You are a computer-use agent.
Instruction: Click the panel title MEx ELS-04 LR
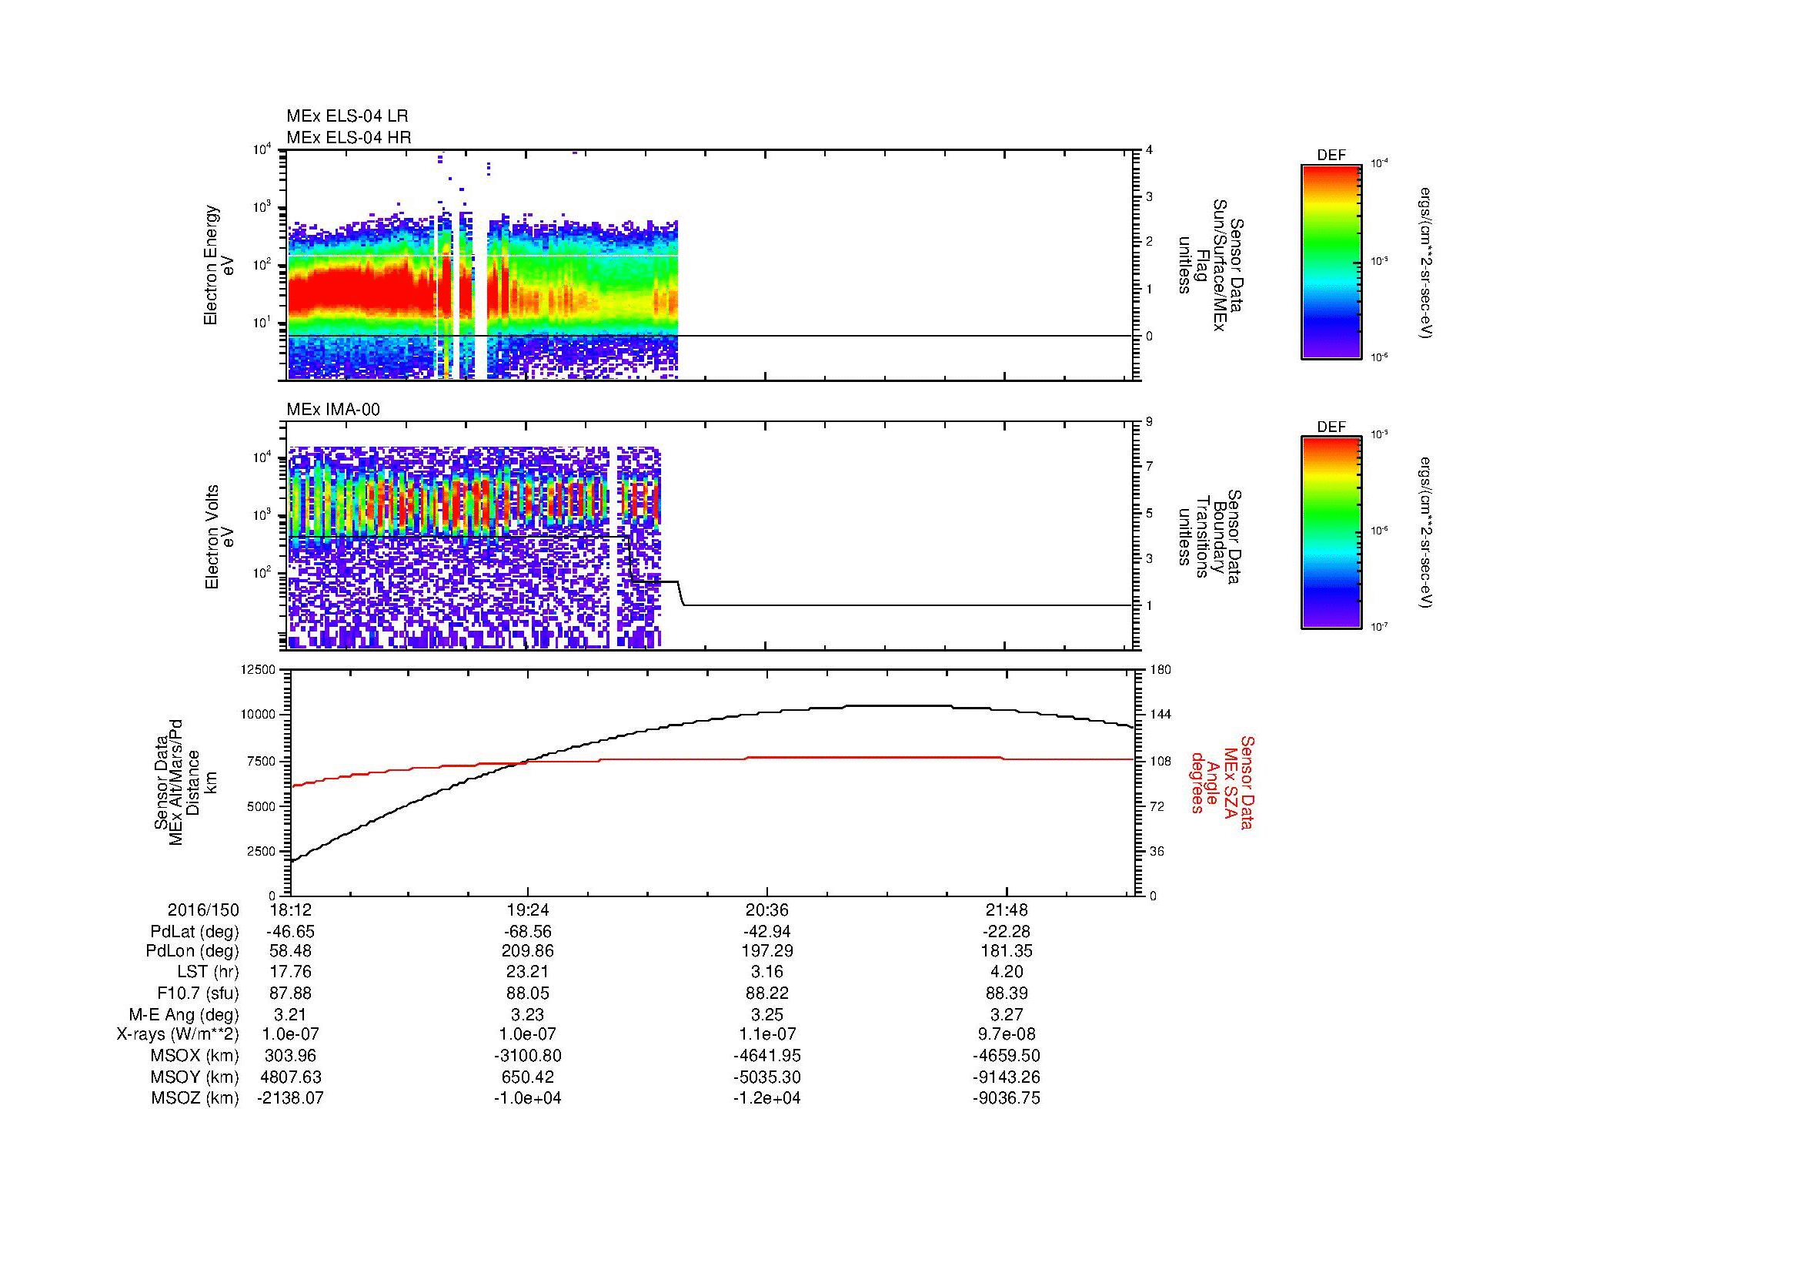pos(346,116)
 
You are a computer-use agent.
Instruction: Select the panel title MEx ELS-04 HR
pos(348,137)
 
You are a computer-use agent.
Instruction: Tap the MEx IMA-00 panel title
pos(332,409)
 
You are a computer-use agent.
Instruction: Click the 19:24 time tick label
pos(528,910)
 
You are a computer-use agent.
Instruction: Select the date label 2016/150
pos(203,910)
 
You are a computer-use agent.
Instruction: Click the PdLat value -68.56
pos(528,932)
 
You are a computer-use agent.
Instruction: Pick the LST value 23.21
pos(528,973)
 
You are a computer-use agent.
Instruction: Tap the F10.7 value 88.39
pos(1006,993)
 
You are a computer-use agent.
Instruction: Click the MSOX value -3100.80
pos(528,1056)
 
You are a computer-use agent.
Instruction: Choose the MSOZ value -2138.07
pos(290,1098)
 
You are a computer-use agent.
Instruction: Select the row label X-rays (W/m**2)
pos(177,1034)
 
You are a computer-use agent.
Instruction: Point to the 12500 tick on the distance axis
pos(259,669)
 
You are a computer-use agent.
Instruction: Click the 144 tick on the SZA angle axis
pos(1160,715)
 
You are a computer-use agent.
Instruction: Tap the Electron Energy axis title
pos(211,265)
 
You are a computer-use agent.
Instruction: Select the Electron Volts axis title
pos(211,537)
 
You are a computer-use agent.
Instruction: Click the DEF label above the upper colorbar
pos(1331,156)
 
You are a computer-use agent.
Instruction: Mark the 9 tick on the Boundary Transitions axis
pos(1149,422)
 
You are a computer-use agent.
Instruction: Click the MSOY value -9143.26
pos(1006,1077)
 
